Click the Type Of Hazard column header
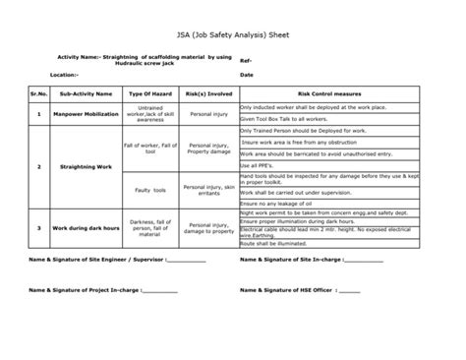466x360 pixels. point(150,95)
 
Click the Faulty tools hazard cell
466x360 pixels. point(150,187)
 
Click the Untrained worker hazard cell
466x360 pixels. point(150,113)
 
